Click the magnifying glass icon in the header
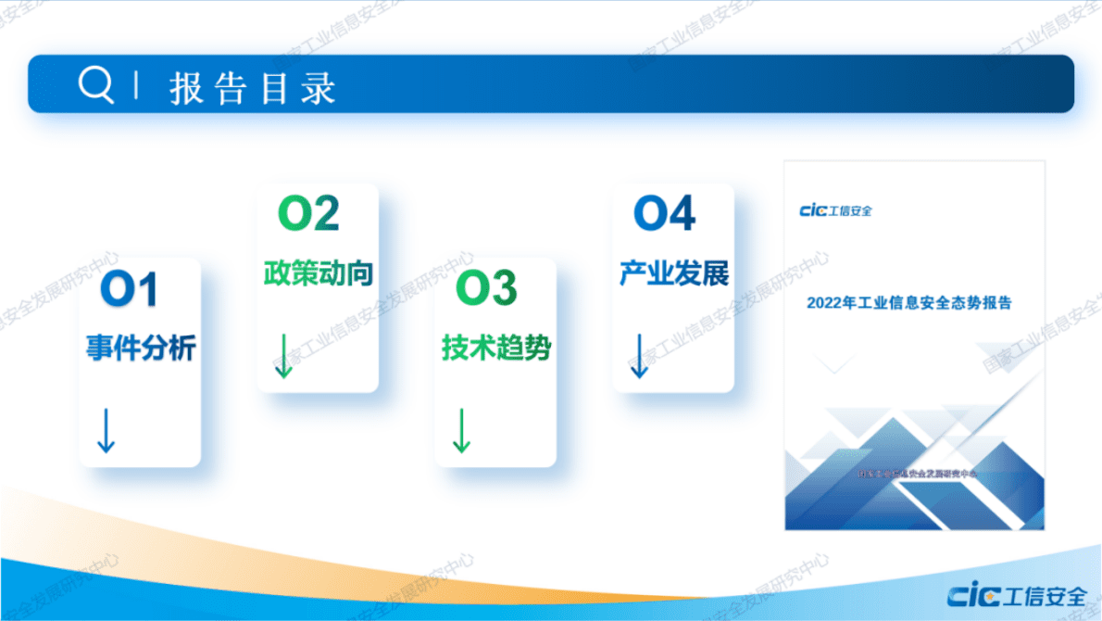click(x=95, y=85)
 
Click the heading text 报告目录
click(x=252, y=87)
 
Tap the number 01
click(x=130, y=290)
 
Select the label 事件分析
click(x=141, y=348)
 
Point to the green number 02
click(x=309, y=214)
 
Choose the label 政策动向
click(x=318, y=273)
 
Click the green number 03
click(x=486, y=289)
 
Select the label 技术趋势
click(x=495, y=349)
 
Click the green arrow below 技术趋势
click(x=460, y=430)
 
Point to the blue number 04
click(x=664, y=213)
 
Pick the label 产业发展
click(x=673, y=273)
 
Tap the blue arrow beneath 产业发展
click(x=638, y=356)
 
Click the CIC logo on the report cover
click(x=835, y=210)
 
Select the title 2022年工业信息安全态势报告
click(x=908, y=302)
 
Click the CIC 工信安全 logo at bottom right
click(x=1018, y=594)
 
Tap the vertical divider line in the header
click(x=137, y=85)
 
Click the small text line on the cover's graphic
click(x=917, y=474)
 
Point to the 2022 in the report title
click(x=824, y=302)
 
